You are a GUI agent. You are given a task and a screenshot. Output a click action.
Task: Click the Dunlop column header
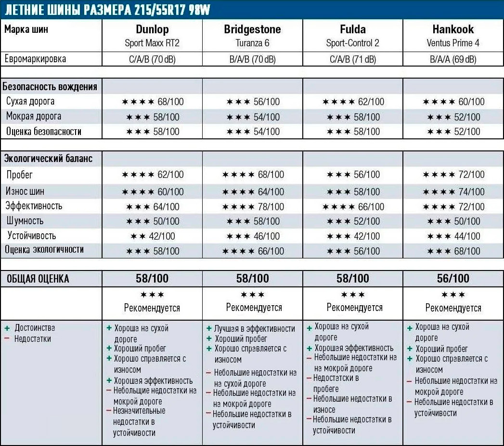click(x=152, y=29)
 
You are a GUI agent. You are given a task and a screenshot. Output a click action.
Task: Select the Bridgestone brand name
click(x=252, y=29)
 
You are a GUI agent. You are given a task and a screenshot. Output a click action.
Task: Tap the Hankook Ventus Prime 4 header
click(x=452, y=35)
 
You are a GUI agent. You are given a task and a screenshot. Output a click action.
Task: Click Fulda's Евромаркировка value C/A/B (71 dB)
click(x=352, y=59)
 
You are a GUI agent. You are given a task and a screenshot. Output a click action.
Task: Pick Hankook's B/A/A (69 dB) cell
click(x=452, y=59)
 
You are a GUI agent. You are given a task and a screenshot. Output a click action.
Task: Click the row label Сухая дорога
click(x=30, y=102)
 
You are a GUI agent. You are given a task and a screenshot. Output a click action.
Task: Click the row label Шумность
click(x=24, y=221)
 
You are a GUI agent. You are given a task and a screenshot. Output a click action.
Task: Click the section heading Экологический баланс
click(x=48, y=159)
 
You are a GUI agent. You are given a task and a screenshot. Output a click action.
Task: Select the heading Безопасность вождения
click(x=50, y=87)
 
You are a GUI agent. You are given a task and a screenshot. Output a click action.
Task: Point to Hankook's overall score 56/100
click(x=452, y=279)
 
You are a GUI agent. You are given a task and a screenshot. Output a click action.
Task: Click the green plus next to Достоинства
click(x=7, y=328)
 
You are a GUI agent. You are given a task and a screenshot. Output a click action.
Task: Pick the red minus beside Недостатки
click(x=7, y=338)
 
